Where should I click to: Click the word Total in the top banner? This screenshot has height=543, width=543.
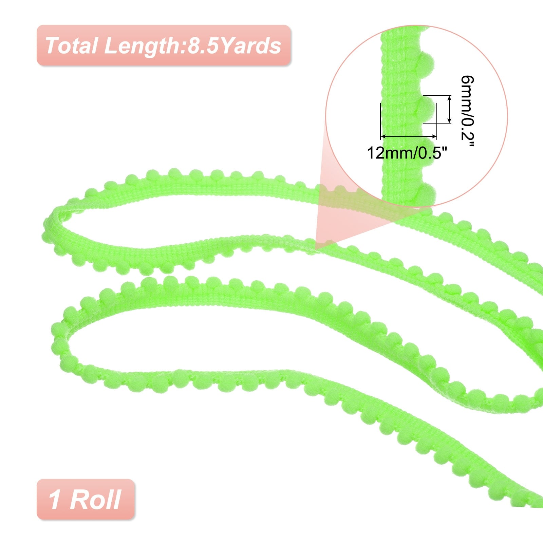tap(71, 45)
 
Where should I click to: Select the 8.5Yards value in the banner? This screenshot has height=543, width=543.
tap(235, 45)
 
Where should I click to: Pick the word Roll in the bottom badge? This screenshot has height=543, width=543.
tap(95, 500)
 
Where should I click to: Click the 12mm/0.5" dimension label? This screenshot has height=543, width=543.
tap(405, 153)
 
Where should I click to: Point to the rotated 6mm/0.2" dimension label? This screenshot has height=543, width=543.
tap(466, 112)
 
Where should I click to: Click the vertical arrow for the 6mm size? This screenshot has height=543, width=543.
tap(450, 109)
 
